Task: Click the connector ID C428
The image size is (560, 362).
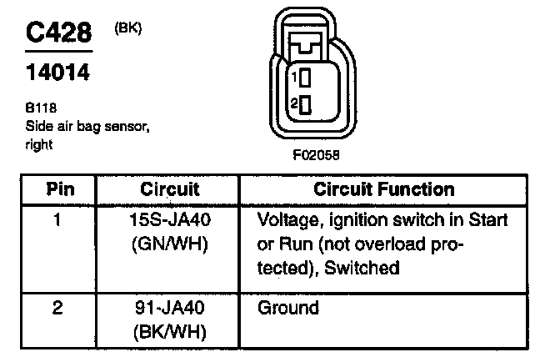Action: [57, 34]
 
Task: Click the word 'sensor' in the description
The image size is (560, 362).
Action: [125, 126]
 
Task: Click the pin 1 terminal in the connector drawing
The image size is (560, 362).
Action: [306, 78]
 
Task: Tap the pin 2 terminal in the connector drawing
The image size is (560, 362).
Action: [306, 105]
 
